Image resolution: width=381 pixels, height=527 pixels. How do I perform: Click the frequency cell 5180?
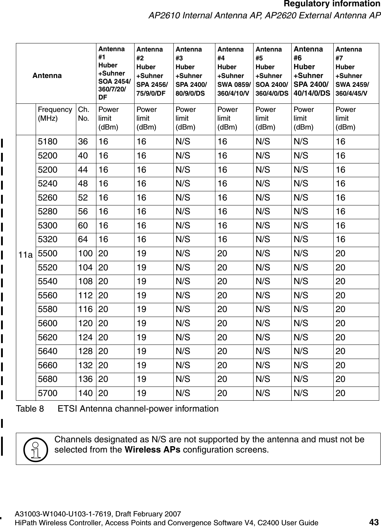point(47,142)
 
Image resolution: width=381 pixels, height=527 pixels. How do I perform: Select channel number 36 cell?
point(83,142)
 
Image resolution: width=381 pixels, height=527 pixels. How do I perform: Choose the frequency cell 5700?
point(47,393)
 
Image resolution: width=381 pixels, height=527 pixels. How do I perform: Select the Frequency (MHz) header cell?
point(55,114)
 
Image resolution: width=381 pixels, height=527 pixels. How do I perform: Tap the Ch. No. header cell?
point(83,114)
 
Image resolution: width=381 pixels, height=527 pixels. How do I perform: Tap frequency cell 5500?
point(47,253)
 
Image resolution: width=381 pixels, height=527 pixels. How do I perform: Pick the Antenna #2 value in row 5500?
point(142,253)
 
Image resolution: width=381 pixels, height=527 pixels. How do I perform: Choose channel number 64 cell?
point(83,240)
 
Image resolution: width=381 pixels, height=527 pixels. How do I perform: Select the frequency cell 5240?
point(47,184)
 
